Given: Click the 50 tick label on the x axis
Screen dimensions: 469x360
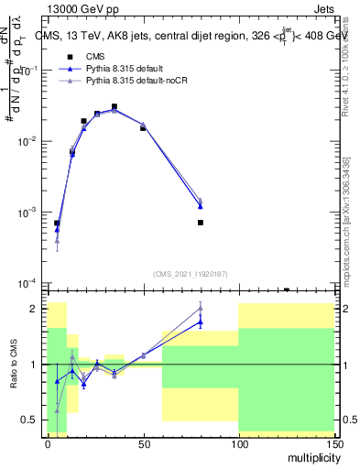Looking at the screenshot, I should tap(143, 442).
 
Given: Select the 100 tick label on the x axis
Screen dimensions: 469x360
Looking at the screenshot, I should tap(237, 442).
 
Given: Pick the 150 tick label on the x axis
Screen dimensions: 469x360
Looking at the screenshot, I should tap(333, 442).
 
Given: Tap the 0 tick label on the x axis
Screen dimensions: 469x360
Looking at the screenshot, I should tap(48, 442).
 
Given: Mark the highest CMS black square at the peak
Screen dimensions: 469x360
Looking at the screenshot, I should tap(115, 107).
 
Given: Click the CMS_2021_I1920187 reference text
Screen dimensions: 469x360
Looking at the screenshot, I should tap(190, 273).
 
